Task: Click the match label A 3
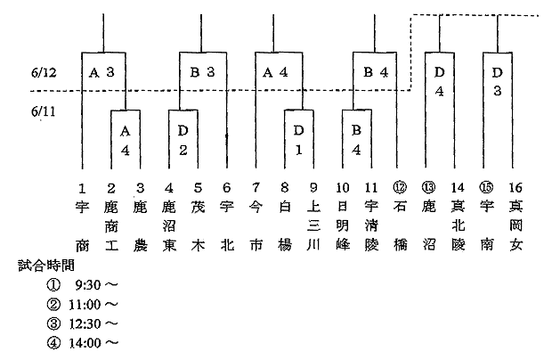(101, 72)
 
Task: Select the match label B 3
(202, 72)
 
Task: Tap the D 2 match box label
(183, 141)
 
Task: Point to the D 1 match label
(298, 141)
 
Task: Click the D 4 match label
(439, 82)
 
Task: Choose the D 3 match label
(497, 82)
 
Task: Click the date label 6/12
(44, 72)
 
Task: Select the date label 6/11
(44, 111)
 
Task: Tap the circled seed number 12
(400, 187)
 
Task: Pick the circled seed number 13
(428, 187)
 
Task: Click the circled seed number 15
(486, 187)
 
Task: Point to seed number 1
(82, 188)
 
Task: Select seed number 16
(515, 188)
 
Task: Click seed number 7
(256, 188)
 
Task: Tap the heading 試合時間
(46, 266)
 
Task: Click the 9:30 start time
(87, 284)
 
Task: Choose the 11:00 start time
(85, 305)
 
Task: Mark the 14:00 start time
(85, 342)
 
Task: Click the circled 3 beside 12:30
(53, 323)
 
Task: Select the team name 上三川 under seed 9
(313, 225)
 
